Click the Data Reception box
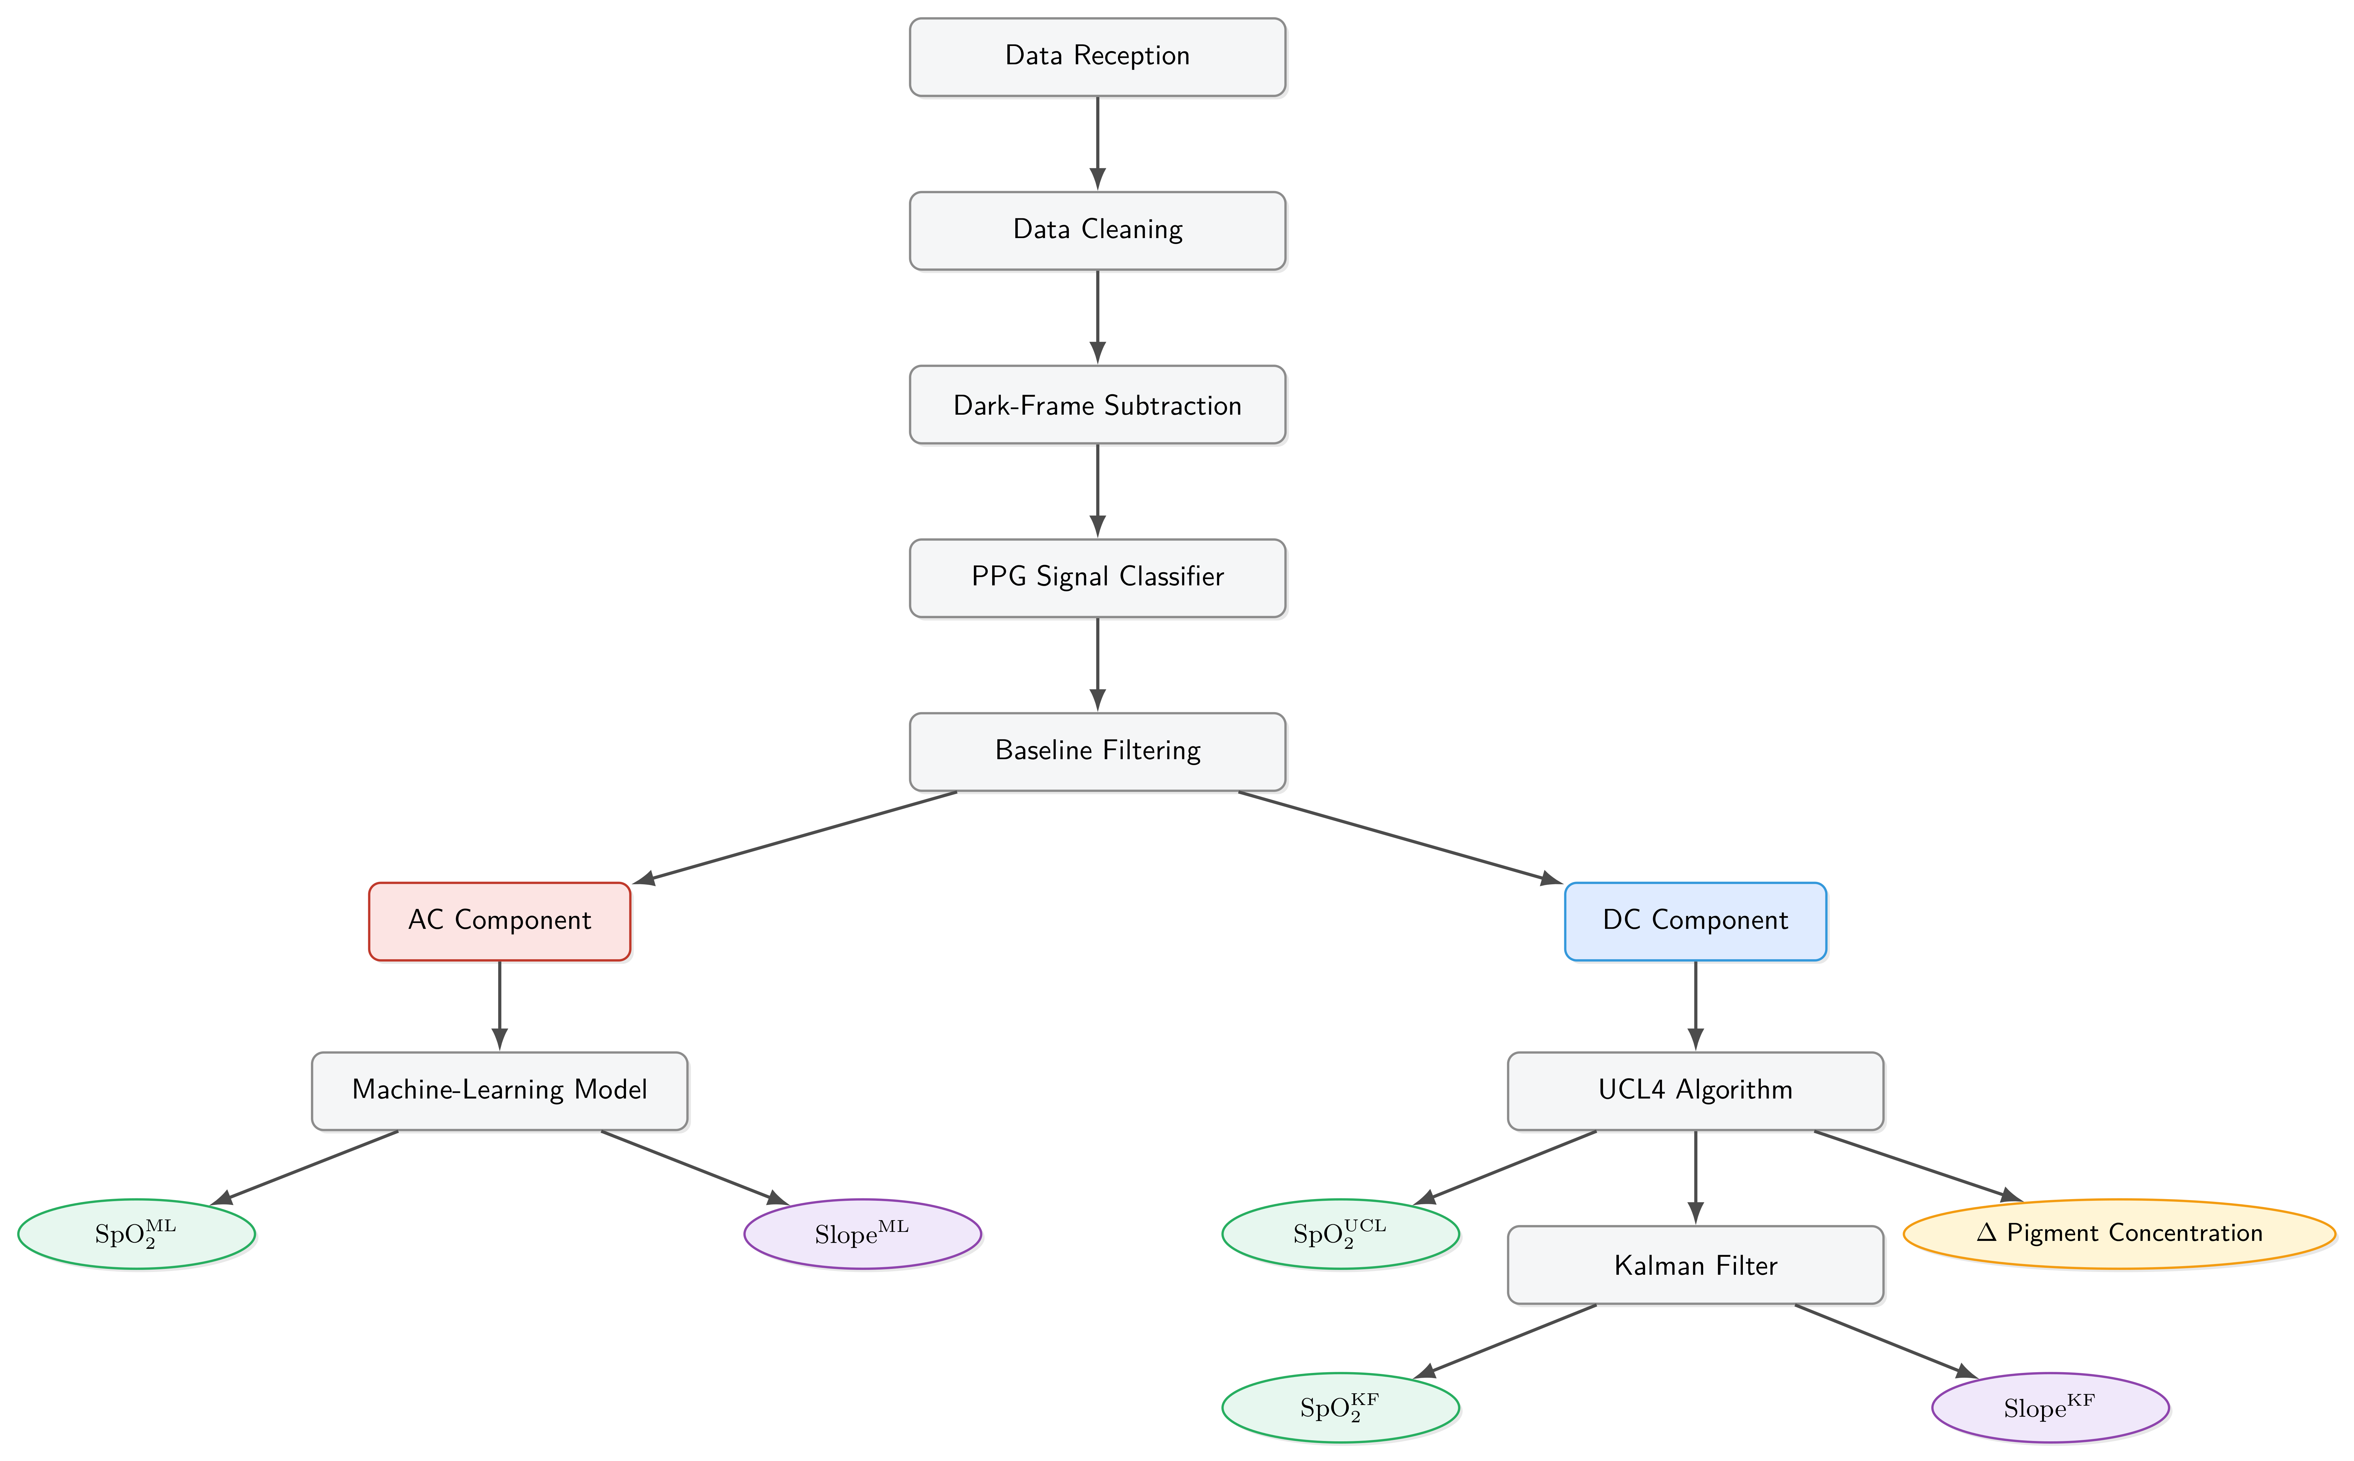click(x=1097, y=57)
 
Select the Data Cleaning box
click(x=1097, y=231)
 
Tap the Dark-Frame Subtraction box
click(x=1097, y=405)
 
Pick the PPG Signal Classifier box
click(x=1097, y=578)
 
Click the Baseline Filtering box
click(x=1097, y=752)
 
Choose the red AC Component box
click(x=500, y=921)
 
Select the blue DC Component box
click(x=1695, y=921)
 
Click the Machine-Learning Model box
click(x=500, y=1091)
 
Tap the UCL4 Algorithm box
click(x=1695, y=1091)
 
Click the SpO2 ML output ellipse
click(x=136, y=1234)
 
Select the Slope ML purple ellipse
click(x=863, y=1234)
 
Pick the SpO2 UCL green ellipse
click(x=1341, y=1234)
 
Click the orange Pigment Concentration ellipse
click(x=2119, y=1234)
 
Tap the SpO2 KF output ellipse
click(x=1341, y=1408)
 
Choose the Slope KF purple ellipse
click(x=2050, y=1408)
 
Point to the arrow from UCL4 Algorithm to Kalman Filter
click(x=1695, y=1177)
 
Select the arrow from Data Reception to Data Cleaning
click(x=1097, y=143)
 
